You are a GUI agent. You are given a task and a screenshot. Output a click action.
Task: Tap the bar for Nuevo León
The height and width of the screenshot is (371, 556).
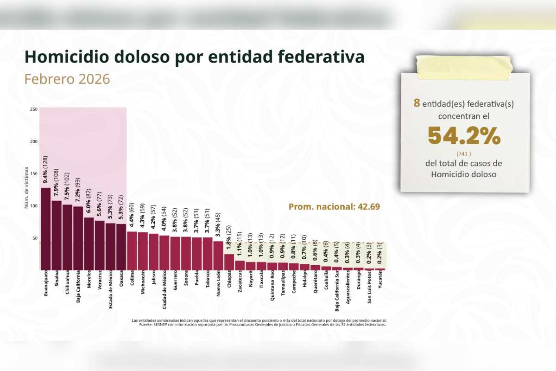218,255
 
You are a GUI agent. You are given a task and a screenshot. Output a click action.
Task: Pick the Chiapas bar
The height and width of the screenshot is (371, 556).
229,262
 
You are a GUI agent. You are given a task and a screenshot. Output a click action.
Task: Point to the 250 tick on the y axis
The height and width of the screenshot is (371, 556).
34,109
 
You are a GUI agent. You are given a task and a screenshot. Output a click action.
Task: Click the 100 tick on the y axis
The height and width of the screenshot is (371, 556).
34,205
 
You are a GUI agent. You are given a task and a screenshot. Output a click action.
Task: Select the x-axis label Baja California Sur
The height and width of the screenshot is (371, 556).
337,293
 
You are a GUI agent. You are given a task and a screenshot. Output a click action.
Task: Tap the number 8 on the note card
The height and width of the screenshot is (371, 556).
417,103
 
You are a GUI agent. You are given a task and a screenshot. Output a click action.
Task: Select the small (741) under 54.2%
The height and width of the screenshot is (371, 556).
464,153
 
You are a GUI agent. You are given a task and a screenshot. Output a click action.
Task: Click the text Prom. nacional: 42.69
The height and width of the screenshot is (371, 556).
334,207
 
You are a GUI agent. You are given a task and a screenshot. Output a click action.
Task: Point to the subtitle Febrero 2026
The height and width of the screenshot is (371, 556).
67,79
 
